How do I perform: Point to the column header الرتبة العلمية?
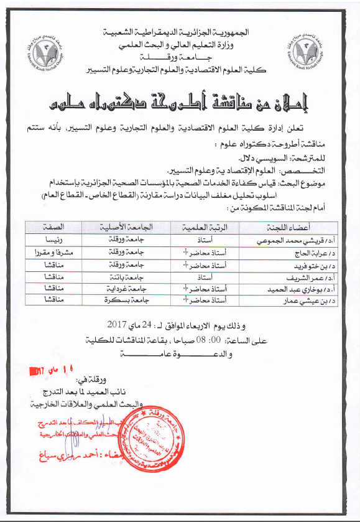(x=204, y=228)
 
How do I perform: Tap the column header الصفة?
(x=54, y=228)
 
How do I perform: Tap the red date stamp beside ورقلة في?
(x=44, y=370)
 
